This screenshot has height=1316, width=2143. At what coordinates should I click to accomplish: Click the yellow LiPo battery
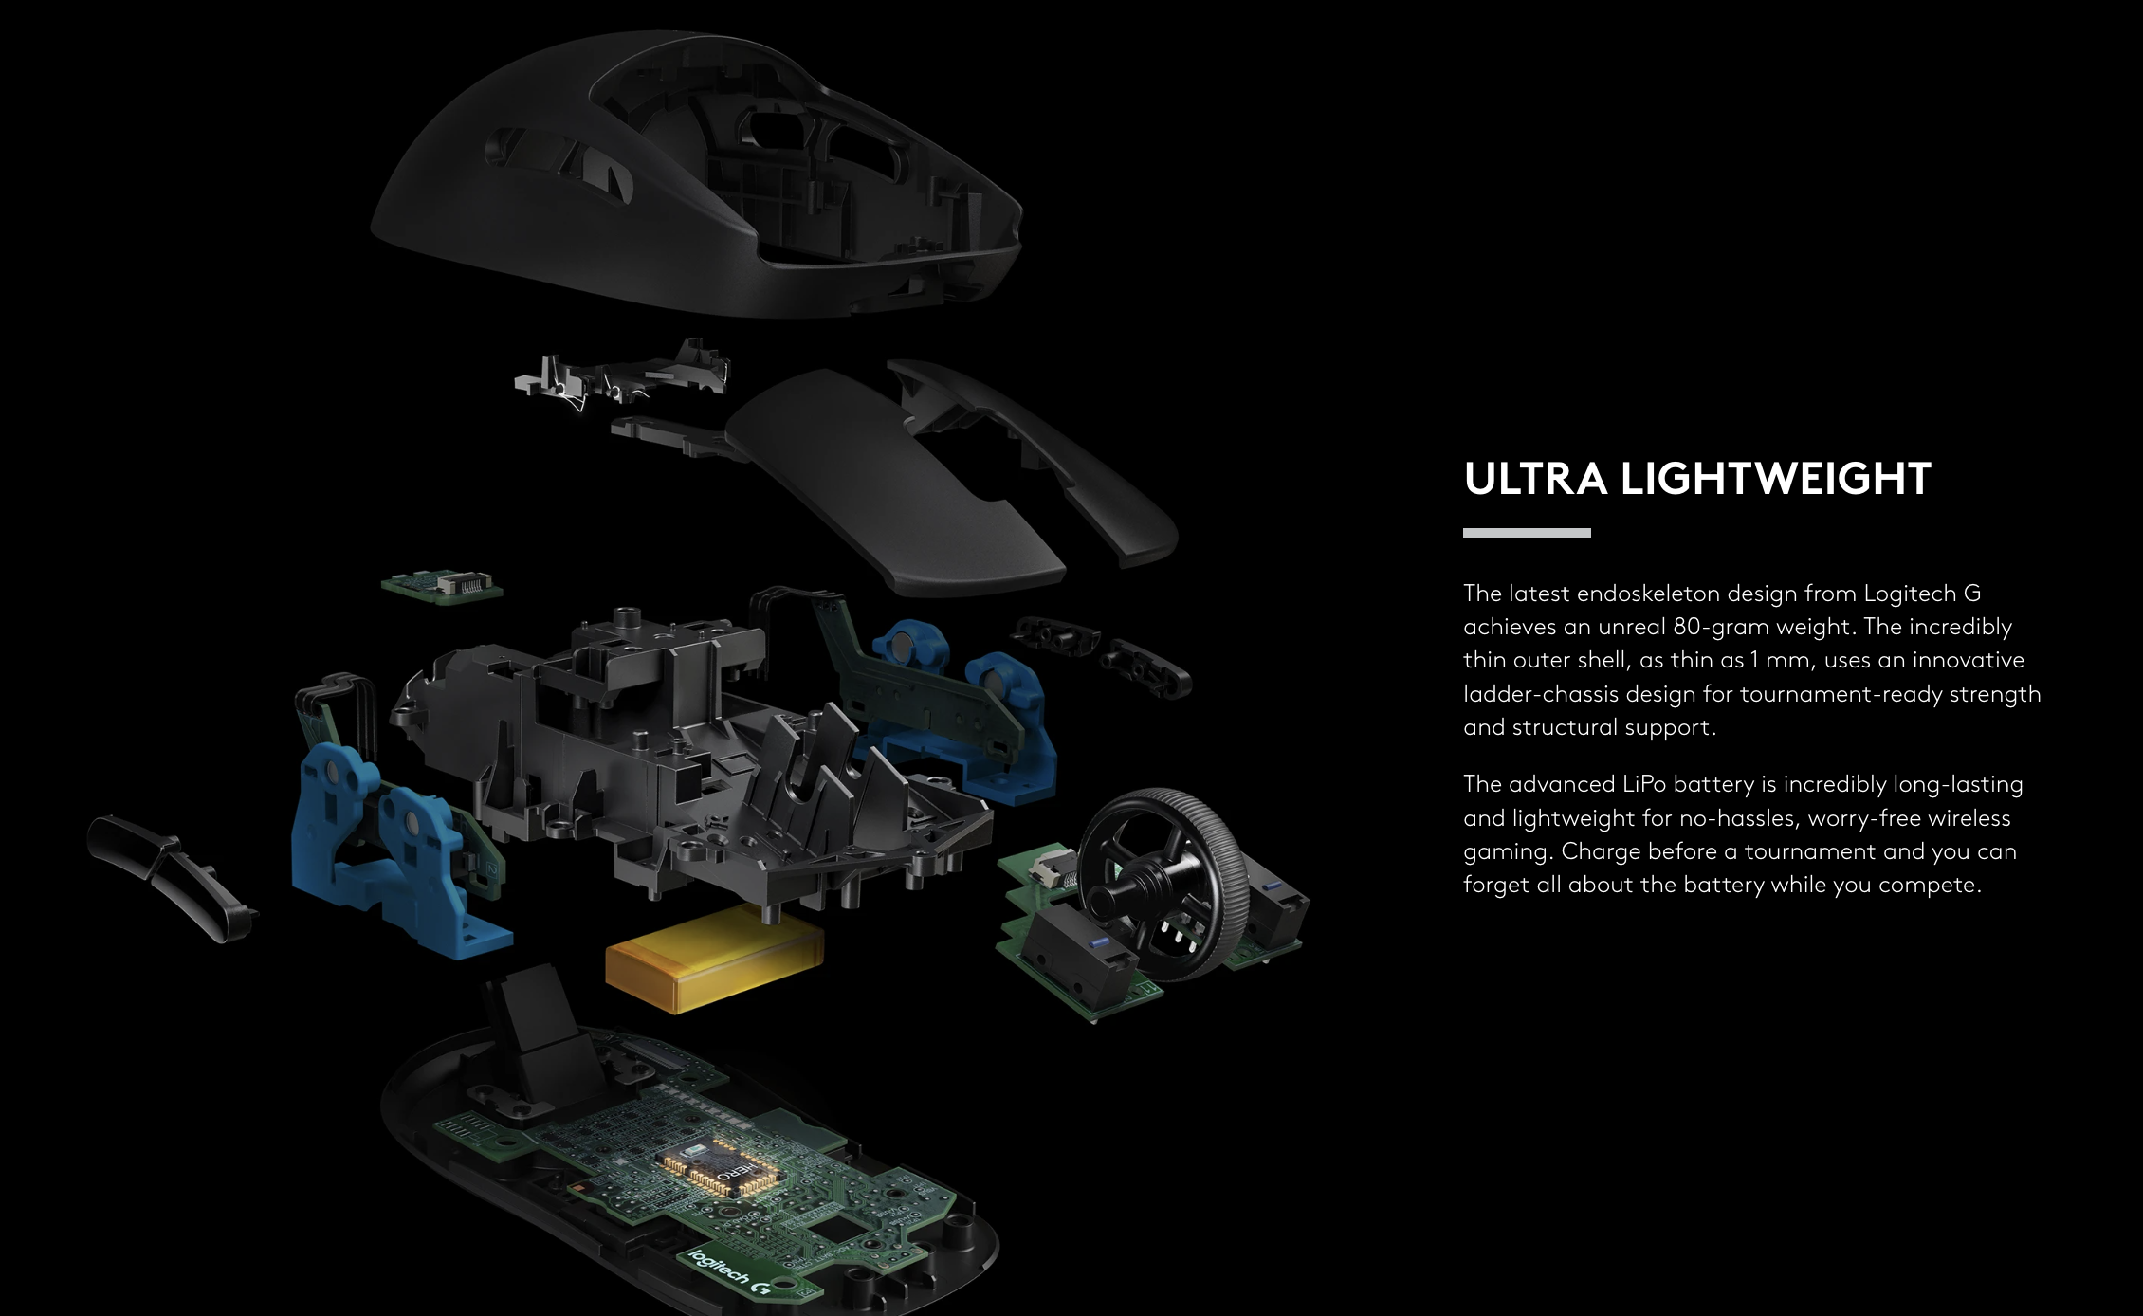tap(714, 957)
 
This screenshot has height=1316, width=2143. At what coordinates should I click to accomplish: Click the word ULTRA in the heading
tap(1534, 479)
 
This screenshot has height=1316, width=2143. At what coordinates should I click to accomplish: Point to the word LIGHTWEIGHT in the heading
tap(1775, 479)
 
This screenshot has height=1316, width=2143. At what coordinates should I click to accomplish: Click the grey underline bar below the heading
tap(1526, 533)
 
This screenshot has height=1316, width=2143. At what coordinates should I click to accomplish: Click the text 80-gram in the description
tap(1719, 627)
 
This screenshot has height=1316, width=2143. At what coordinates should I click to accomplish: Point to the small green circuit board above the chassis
tap(442, 586)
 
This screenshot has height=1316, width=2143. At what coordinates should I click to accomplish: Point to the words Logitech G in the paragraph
tap(1922, 594)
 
